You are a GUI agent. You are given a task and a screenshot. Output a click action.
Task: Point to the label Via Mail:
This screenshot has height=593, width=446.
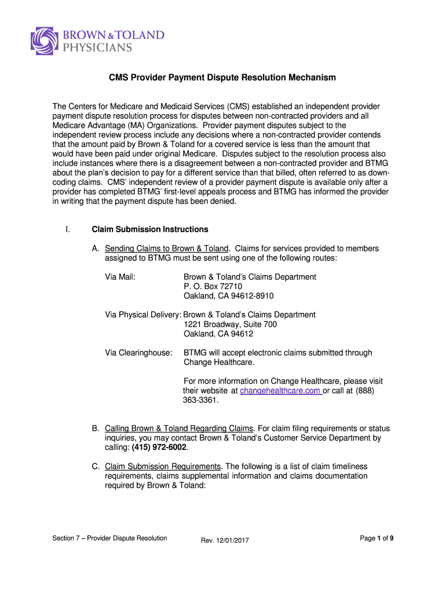point(120,277)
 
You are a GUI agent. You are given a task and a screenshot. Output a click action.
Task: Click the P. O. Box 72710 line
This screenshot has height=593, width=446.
point(213,286)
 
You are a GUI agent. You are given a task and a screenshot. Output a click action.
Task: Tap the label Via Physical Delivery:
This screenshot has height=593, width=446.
point(143,315)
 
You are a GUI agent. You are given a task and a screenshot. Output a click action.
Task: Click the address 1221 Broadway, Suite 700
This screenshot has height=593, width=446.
point(230,324)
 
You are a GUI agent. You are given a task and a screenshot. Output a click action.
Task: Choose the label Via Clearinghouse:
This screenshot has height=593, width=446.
point(138,353)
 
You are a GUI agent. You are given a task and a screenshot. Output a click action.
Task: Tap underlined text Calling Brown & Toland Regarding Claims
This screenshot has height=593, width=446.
point(179,429)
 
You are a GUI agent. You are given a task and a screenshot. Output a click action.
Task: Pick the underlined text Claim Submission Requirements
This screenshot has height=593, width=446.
point(163,466)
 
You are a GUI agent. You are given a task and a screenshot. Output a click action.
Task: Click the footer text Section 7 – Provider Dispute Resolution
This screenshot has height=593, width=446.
point(109,538)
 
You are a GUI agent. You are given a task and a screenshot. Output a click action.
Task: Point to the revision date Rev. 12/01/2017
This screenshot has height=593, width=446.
point(225,540)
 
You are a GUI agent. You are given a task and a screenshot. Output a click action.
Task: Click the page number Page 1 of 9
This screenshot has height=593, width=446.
point(376,538)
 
